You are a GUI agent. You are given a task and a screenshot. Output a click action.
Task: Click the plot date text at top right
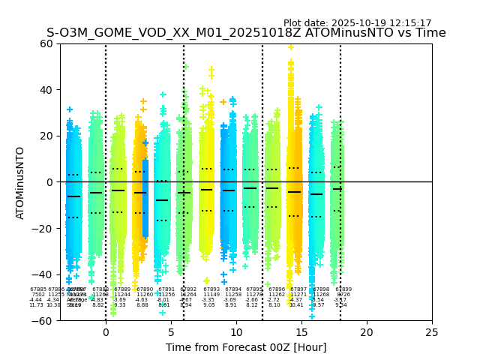point(357,23)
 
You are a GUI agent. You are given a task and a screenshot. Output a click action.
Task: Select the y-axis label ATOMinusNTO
point(21,182)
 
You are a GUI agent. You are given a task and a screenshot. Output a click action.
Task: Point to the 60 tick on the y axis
point(46,43)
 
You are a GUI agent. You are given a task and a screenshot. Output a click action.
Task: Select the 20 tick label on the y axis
point(46,136)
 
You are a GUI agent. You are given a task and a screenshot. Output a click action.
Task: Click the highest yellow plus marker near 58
point(291,47)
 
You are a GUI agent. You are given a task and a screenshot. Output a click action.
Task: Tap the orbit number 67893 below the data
point(211,289)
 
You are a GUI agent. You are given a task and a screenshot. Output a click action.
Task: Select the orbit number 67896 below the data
point(277,289)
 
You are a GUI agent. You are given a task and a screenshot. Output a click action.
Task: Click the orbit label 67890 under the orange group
point(145,289)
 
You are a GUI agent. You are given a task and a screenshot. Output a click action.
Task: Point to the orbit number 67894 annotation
point(233,289)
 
